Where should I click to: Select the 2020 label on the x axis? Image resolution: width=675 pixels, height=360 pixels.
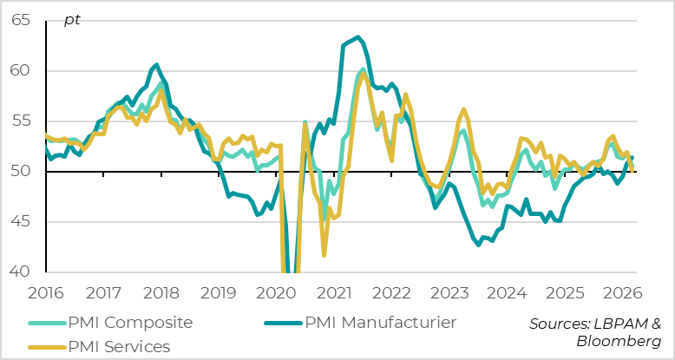pos(278,292)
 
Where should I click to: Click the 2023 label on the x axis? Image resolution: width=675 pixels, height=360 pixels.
pos(452,292)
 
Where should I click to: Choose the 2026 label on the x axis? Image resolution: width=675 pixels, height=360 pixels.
pos(626,292)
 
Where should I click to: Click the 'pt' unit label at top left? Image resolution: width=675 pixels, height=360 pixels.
pos(72,19)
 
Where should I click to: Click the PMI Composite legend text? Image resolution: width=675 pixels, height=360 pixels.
pos(129,323)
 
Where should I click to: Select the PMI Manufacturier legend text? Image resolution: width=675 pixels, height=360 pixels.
pos(380,323)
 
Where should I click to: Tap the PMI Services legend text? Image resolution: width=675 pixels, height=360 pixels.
pos(120,346)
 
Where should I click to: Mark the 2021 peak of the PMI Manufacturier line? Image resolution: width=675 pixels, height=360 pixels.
pos(358,37)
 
